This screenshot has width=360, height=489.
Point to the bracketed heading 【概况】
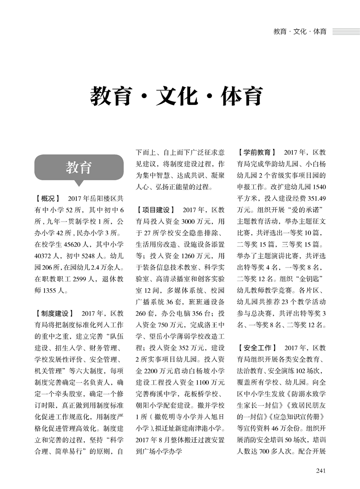tap(47, 198)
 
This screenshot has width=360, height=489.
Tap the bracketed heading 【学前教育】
tap(257, 153)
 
